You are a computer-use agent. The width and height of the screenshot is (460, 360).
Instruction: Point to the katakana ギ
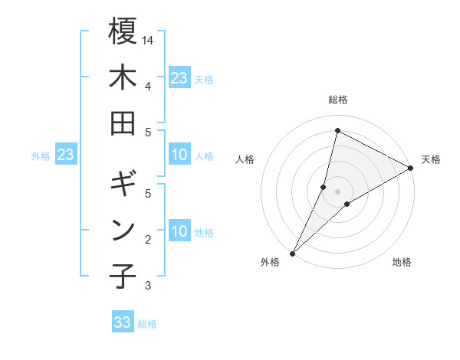123,185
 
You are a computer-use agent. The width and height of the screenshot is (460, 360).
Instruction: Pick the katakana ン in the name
123,231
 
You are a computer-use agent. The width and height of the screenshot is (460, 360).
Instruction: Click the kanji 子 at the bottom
123,277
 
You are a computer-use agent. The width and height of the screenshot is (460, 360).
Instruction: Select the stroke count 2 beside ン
148,240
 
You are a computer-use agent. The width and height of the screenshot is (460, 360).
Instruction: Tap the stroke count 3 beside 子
148,286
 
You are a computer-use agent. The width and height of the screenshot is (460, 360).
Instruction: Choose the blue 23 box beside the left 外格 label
65,155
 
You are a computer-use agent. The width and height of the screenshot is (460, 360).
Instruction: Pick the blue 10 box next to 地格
179,232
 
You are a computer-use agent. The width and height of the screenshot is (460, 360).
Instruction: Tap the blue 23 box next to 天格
179,78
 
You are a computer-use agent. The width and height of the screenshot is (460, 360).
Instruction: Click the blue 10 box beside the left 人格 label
179,155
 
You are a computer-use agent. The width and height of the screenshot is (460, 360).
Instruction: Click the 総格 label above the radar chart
338,100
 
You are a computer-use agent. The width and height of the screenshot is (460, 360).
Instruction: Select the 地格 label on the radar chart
402,262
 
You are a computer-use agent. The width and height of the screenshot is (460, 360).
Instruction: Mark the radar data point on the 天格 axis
411,168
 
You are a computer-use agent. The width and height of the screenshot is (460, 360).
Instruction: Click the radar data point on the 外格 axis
292,254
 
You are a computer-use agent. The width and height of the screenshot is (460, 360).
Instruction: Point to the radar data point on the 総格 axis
337,130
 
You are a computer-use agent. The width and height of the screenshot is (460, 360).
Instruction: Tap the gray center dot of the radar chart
337,191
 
